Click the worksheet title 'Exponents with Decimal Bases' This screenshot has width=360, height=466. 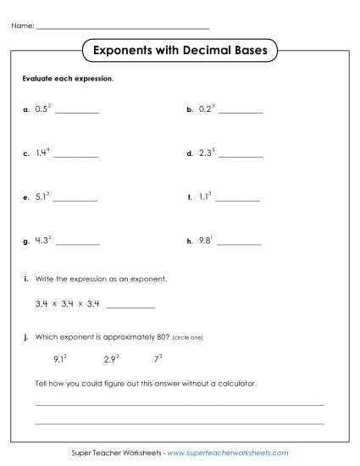(180, 51)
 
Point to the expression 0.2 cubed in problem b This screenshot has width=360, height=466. (207, 109)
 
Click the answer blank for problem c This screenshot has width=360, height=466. (76, 157)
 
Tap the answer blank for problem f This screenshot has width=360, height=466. (238, 201)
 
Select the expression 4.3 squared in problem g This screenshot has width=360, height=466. (44, 241)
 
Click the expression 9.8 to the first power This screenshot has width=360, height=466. (206, 241)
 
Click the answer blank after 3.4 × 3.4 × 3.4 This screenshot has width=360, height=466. (131, 306)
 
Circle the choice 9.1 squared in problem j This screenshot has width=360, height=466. (60, 359)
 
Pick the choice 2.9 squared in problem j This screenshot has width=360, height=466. (111, 359)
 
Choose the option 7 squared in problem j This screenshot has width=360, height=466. (158, 359)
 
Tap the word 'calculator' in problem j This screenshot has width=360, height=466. (239, 383)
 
